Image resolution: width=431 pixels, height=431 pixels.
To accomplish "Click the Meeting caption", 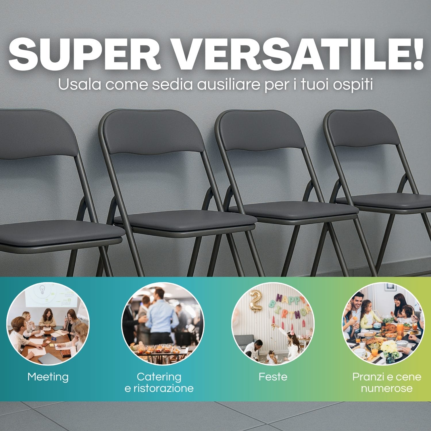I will (48, 377).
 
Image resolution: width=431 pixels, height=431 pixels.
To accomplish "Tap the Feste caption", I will (273, 377).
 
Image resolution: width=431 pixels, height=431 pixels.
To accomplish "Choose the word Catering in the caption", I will (159, 377).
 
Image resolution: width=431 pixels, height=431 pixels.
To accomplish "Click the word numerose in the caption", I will (387, 388).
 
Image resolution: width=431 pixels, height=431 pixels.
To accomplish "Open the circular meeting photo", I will (48, 324).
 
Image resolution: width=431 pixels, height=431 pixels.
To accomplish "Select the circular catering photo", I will (163, 324).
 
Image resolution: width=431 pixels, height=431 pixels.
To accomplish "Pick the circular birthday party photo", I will (273, 324).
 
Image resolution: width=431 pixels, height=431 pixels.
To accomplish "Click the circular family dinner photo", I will (383, 324).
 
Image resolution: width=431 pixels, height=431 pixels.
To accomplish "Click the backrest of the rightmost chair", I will (365, 129).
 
